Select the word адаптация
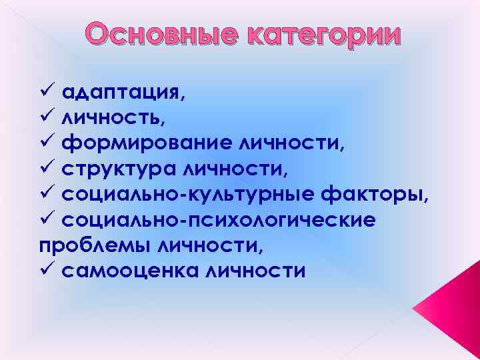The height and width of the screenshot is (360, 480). pyautogui.click(x=120, y=93)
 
